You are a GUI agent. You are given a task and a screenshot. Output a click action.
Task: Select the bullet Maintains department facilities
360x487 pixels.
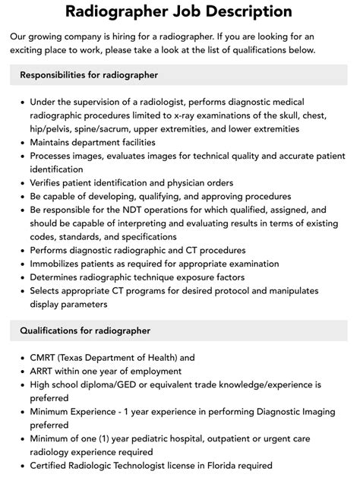(x=93, y=143)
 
